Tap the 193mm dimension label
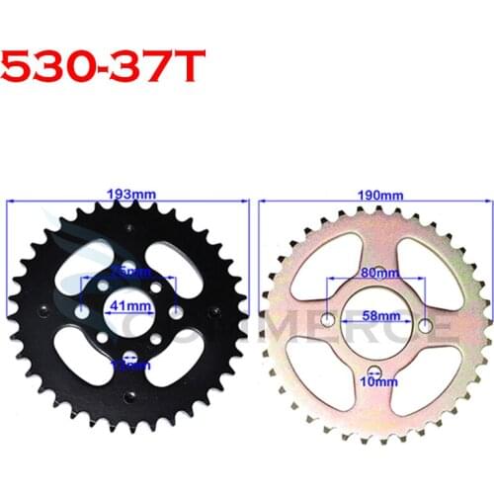127,193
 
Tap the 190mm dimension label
372,193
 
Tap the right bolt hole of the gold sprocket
425,325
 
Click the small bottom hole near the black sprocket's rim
127,397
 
